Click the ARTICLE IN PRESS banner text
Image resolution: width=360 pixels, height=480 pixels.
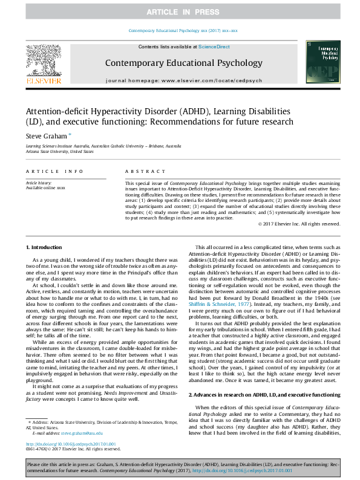coord(180,11)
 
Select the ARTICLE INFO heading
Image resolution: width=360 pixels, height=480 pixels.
coord(54,172)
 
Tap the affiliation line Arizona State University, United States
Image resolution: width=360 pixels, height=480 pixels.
coord(59,152)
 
